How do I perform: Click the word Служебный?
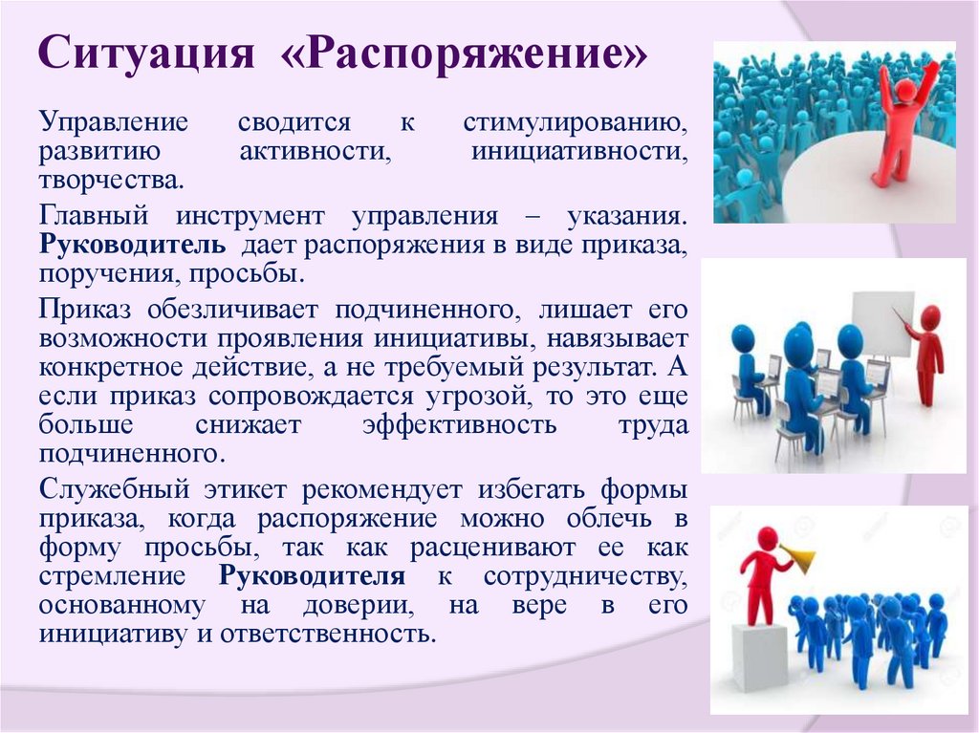114,489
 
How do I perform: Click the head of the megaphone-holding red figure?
767,538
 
